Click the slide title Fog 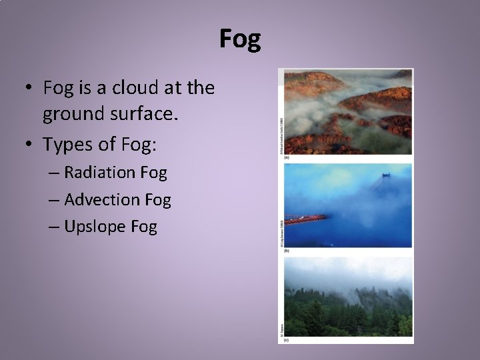click(x=240, y=39)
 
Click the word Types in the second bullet click(x=68, y=143)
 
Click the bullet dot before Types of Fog click(x=29, y=143)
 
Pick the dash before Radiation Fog click(x=54, y=173)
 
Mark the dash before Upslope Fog click(x=54, y=227)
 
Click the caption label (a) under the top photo click(x=287, y=158)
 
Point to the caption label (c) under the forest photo click(x=287, y=340)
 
